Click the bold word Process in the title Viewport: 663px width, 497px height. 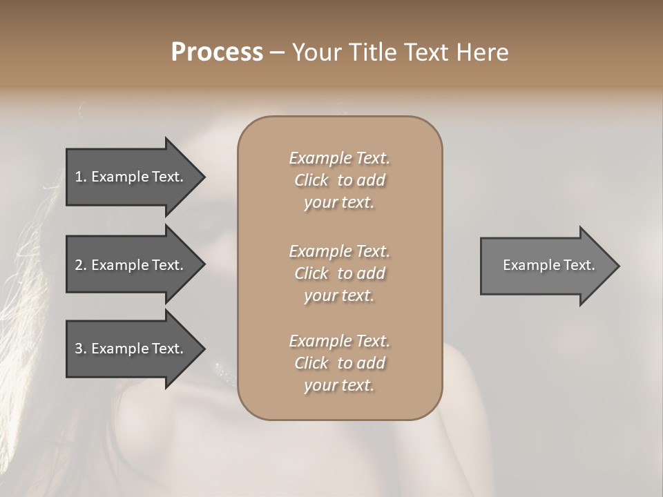click(x=217, y=52)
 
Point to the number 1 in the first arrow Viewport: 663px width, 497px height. click(x=79, y=177)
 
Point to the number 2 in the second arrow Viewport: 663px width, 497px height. click(x=79, y=265)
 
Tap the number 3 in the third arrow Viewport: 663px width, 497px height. click(x=79, y=349)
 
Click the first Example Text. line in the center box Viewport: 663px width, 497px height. click(x=339, y=158)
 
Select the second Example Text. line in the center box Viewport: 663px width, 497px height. click(x=339, y=251)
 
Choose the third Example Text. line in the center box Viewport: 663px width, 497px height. click(x=339, y=341)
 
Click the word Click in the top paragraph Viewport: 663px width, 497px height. click(x=311, y=180)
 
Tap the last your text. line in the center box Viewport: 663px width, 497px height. click(x=339, y=386)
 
